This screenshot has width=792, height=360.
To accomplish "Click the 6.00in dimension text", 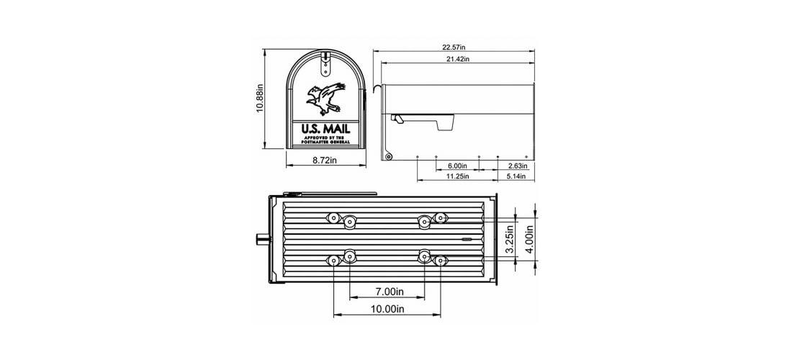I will coord(456,166).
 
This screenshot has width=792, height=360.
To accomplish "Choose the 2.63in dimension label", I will coord(516,166).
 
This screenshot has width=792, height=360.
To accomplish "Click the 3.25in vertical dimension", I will coord(510,238).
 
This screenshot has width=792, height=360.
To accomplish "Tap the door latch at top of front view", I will coord(325,65).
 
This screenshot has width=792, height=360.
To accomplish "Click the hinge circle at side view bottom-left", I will coord(388,156).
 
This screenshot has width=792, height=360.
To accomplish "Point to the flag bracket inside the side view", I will coord(425,120).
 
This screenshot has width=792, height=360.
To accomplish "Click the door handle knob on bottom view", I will coord(261,238).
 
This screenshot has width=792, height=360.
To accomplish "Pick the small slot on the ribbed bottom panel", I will coord(466,238).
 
